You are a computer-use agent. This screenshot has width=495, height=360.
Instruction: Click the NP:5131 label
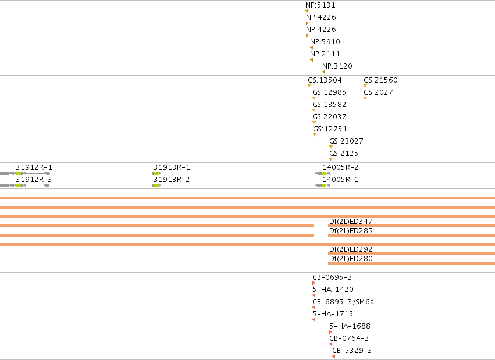coord(320,5)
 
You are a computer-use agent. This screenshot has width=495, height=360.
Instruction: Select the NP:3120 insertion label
coord(337,66)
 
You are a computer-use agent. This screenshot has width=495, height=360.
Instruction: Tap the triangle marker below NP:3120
coord(323,72)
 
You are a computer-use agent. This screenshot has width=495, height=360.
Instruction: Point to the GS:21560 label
coord(380,80)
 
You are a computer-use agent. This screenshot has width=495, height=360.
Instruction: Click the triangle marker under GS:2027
coord(365,98)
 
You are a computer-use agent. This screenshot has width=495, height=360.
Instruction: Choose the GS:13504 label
coord(325,80)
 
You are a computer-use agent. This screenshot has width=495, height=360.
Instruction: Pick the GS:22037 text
coord(329,117)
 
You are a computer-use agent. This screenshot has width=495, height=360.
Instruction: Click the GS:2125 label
coord(344,154)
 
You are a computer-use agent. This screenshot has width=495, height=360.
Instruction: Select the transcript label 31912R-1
coord(34,167)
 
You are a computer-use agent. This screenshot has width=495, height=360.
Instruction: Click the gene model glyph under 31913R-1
coord(156,173)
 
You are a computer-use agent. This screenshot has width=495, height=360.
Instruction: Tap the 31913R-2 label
coord(172,180)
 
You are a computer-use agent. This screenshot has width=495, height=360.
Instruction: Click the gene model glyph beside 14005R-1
coord(323,186)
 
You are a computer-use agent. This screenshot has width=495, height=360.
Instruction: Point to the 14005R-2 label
coord(340,167)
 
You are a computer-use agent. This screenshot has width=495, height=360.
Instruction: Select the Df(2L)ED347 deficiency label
coord(351,222)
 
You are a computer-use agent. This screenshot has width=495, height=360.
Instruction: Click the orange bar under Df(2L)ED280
coord(411,263)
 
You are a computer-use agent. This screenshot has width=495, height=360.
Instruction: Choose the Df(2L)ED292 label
coord(351,249)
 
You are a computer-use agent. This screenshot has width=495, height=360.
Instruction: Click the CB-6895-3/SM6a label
coord(343,302)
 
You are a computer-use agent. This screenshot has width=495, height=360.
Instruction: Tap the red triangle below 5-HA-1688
coord(330,332)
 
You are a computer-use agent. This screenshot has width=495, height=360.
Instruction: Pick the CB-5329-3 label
coord(352,351)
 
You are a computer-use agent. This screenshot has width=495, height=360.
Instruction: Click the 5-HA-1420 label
coord(333,289)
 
